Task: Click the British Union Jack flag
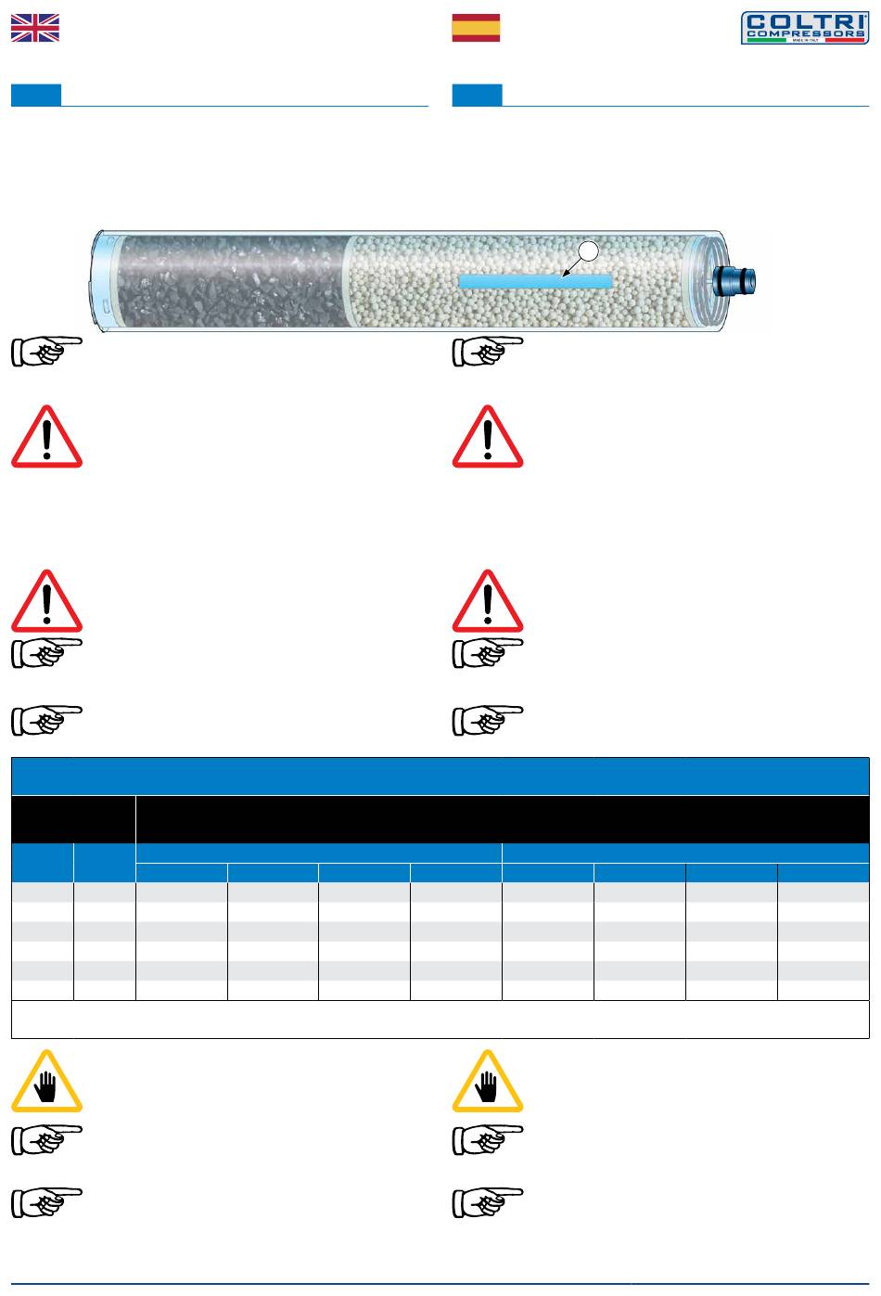click(x=35, y=28)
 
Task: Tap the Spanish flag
click(x=476, y=28)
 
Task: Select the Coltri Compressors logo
click(x=804, y=28)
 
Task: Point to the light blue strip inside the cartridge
click(x=536, y=280)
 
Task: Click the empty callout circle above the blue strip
click(x=587, y=250)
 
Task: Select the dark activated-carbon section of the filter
click(x=232, y=281)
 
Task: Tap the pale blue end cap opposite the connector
click(x=103, y=278)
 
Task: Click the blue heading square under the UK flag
click(x=36, y=95)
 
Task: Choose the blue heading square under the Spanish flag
click(x=477, y=95)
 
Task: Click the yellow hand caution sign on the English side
click(x=46, y=1082)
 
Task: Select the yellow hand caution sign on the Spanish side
click(x=487, y=1082)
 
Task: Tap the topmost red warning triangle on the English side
click(x=46, y=438)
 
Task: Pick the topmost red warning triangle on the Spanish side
click(x=487, y=438)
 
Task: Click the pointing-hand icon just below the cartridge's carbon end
click(x=46, y=352)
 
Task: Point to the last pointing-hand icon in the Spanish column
click(x=487, y=1202)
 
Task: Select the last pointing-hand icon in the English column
click(x=46, y=1202)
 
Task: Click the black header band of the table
click(x=501, y=818)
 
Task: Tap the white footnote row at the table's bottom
click(x=440, y=1019)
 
